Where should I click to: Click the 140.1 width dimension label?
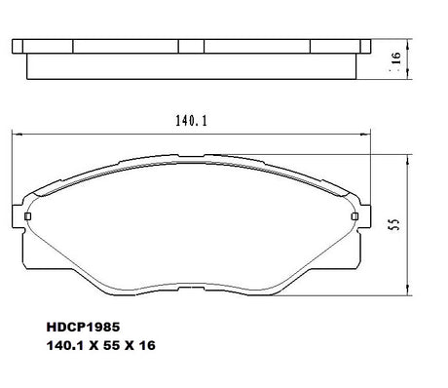(x=191, y=121)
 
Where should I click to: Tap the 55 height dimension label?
(x=394, y=224)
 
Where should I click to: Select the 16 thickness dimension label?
(x=396, y=58)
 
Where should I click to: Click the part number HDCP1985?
(x=83, y=327)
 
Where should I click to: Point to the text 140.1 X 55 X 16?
(x=101, y=345)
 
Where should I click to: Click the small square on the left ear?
(x=28, y=216)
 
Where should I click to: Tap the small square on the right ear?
(x=355, y=216)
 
